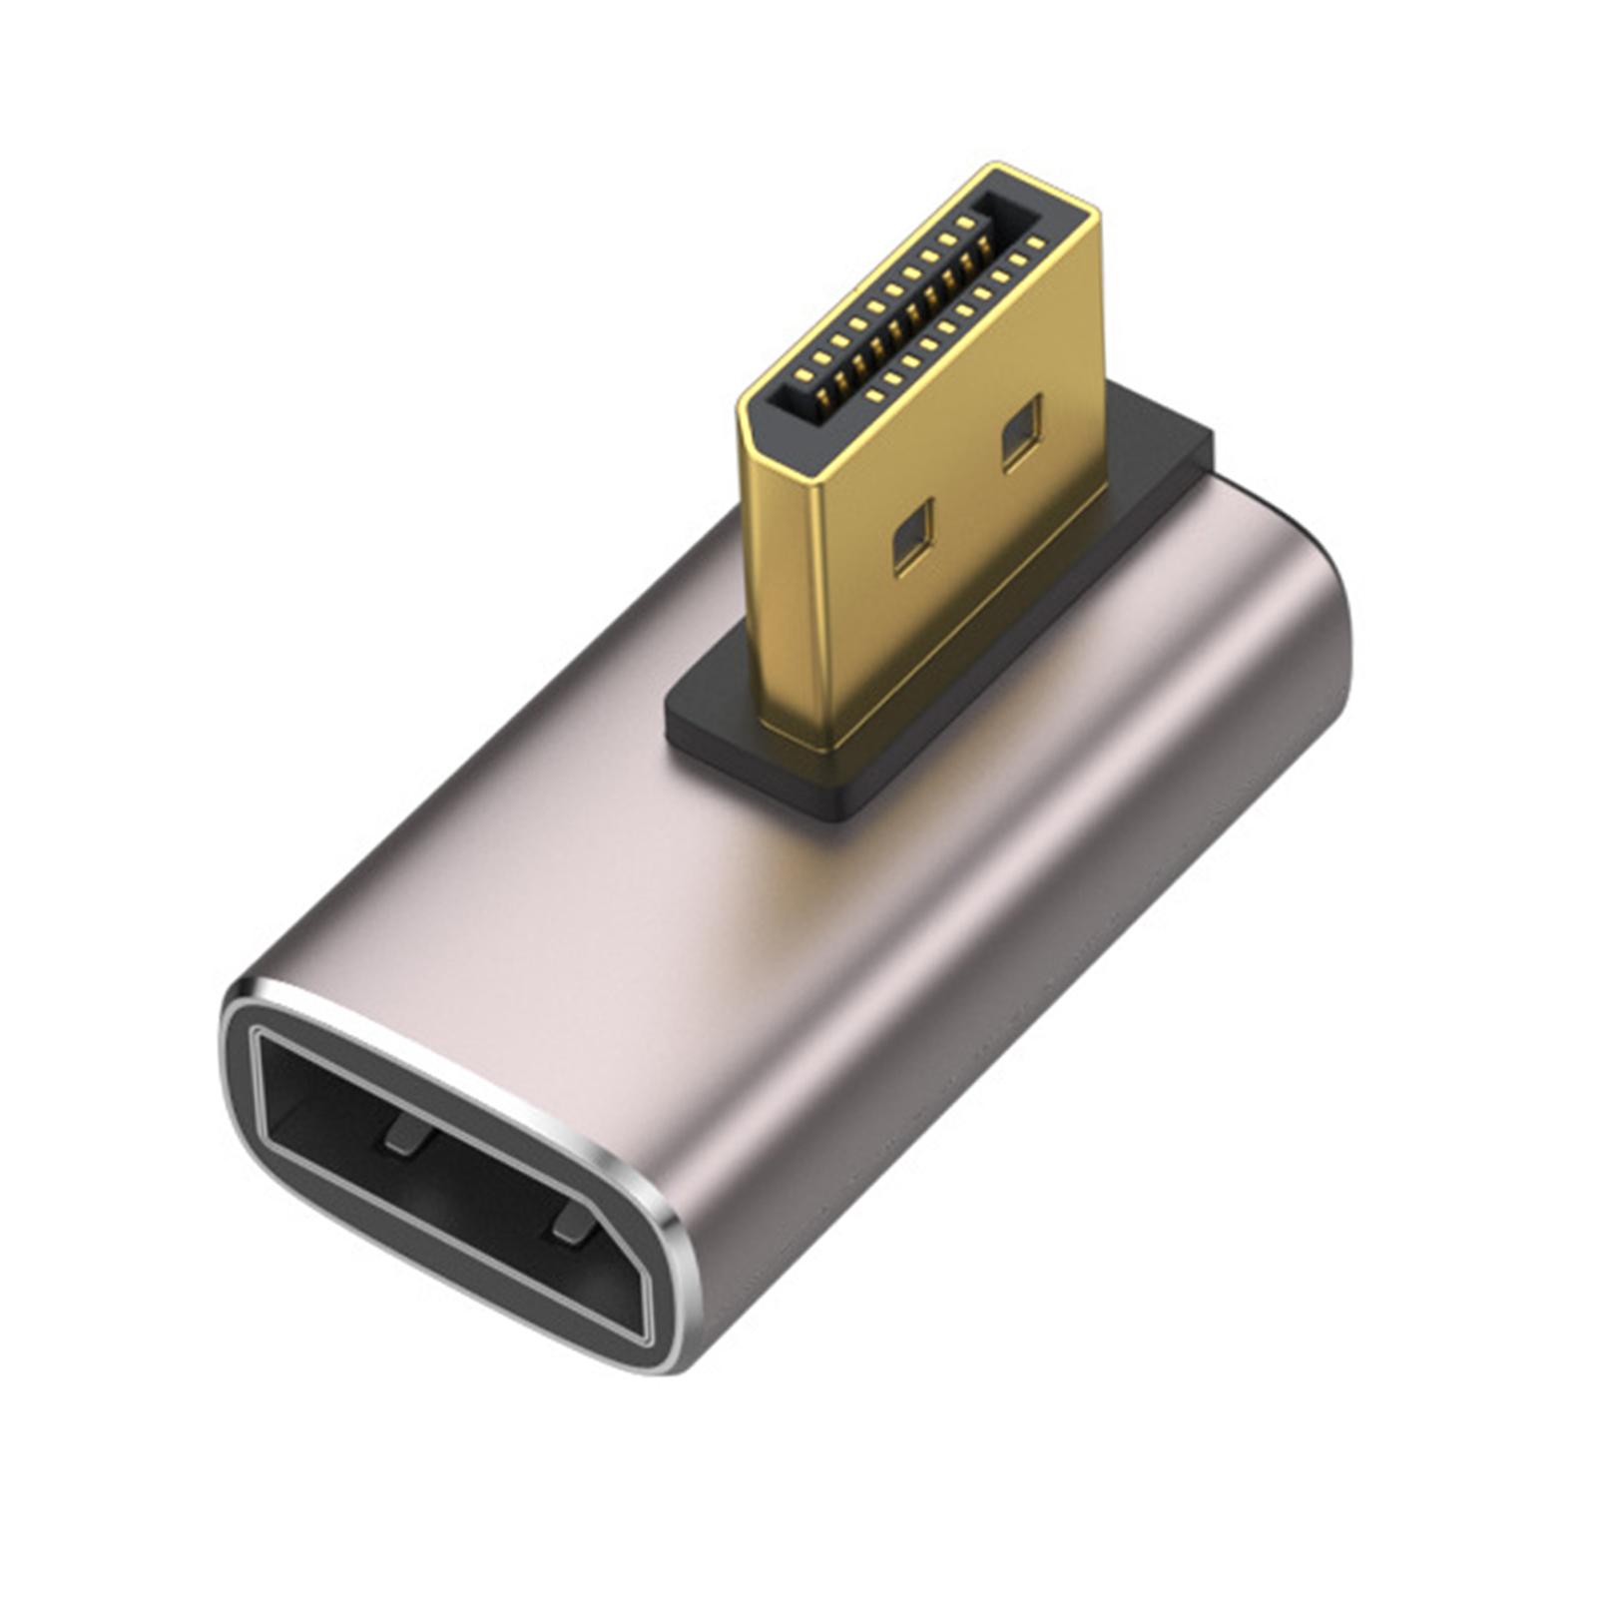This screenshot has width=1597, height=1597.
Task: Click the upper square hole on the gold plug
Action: point(1021,431)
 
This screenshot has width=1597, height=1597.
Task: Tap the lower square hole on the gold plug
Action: point(912,537)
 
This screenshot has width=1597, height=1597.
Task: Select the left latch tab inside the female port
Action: point(404,1135)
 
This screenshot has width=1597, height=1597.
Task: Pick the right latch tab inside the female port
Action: point(572,1224)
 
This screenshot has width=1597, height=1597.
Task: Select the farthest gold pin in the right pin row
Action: point(1034,242)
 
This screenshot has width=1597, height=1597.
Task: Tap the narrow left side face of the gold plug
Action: point(784,579)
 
